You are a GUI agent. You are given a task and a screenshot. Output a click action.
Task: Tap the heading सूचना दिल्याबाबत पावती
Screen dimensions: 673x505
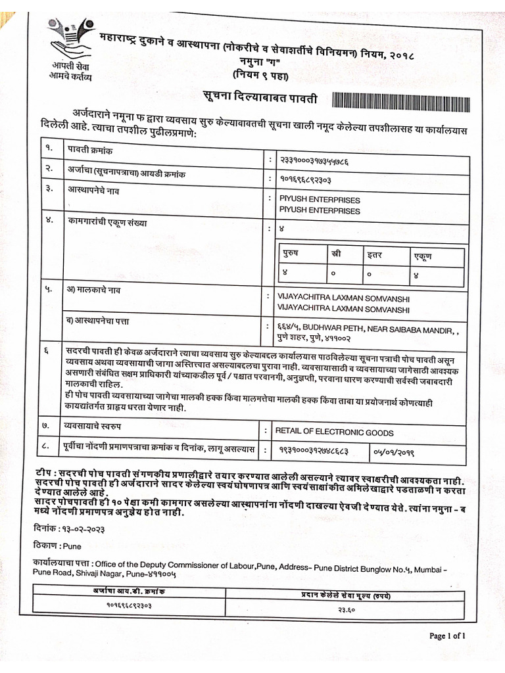pyautogui.click(x=259, y=99)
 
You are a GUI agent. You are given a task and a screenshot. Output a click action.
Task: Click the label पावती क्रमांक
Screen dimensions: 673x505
pyautogui.click(x=89, y=151)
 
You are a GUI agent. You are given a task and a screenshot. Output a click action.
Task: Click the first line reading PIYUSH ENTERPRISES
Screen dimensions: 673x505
pyautogui.click(x=320, y=200)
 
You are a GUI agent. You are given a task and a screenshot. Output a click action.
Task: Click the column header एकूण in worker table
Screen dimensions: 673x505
pyautogui.click(x=422, y=256)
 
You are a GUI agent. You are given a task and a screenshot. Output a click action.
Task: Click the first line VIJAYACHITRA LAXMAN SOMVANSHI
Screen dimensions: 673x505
pyautogui.click(x=344, y=298)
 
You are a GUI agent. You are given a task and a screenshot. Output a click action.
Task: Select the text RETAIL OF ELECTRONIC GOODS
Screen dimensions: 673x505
pyautogui.click(x=334, y=432)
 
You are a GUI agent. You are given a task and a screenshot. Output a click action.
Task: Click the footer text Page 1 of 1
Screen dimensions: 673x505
pyautogui.click(x=447, y=636)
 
